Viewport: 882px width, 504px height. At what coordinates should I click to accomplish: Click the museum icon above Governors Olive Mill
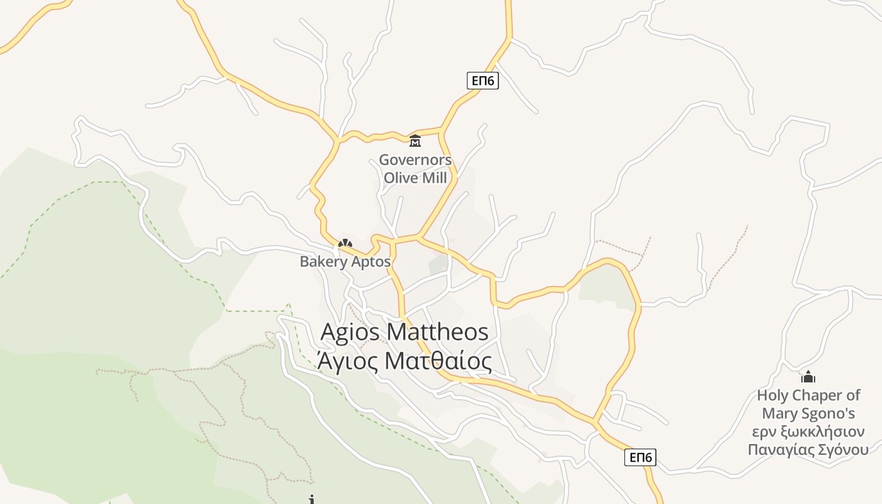pyautogui.click(x=415, y=140)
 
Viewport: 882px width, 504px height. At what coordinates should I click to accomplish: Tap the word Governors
pyautogui.click(x=415, y=160)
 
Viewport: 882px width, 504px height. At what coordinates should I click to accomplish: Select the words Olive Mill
pyautogui.click(x=415, y=178)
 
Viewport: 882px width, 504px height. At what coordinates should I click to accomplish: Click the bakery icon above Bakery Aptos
pyautogui.click(x=345, y=243)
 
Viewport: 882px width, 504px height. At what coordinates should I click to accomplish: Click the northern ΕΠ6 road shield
pyautogui.click(x=483, y=81)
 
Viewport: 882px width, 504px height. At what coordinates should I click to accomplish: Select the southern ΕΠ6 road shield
pyautogui.click(x=640, y=457)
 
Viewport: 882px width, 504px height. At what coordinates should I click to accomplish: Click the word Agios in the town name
pyautogui.click(x=350, y=332)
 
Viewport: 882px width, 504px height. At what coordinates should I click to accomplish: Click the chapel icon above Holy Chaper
pyautogui.click(x=808, y=377)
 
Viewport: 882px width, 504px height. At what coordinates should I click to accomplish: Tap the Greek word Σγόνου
pyautogui.click(x=845, y=450)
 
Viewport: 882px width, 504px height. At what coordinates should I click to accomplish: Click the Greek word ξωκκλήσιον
pyautogui.click(x=822, y=432)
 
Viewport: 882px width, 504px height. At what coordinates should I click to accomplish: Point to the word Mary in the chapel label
pyautogui.click(x=778, y=414)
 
